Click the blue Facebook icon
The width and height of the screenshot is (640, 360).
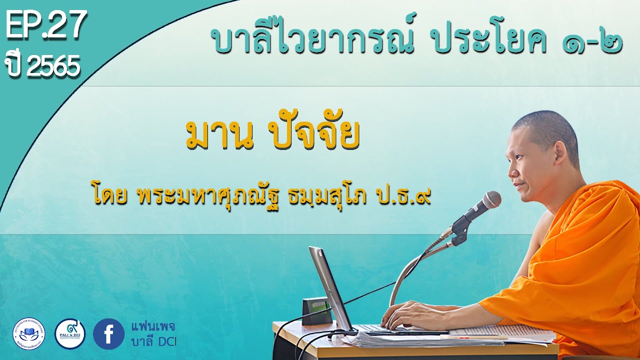click(108, 333)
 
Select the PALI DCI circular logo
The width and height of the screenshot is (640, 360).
click(69, 333)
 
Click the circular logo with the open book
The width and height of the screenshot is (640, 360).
click(28, 333)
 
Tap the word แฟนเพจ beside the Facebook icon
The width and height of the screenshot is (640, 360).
click(148, 327)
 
